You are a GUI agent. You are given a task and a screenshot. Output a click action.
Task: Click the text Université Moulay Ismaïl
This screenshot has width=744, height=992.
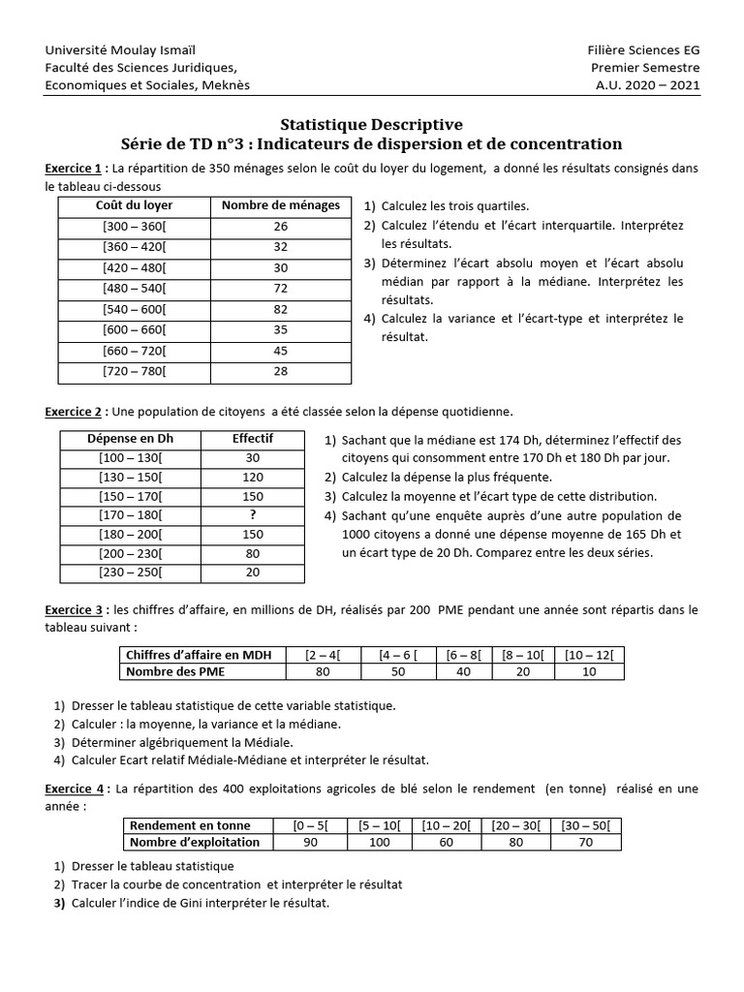tap(112, 50)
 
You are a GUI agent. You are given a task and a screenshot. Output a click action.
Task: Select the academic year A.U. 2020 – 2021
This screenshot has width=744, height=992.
tap(647, 84)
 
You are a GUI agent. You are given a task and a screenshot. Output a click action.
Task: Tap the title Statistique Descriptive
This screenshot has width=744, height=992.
tap(371, 124)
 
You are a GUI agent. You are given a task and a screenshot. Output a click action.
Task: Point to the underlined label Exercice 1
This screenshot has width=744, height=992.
tap(76, 168)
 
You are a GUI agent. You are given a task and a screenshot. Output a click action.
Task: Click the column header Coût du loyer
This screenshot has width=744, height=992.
tap(134, 205)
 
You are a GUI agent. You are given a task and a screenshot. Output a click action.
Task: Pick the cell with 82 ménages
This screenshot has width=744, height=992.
tap(281, 310)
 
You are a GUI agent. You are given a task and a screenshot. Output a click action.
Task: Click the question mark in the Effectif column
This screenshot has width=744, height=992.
tap(253, 515)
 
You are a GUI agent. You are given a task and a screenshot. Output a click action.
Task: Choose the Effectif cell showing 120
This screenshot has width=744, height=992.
tap(253, 477)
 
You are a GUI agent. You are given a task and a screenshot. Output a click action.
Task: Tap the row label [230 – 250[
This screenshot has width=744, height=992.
tap(131, 573)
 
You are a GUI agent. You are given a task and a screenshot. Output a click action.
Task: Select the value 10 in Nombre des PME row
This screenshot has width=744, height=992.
tap(589, 672)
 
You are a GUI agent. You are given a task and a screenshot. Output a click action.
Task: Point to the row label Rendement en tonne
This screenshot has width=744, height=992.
tap(190, 825)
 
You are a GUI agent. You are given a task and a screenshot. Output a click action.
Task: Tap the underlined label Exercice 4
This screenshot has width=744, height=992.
tap(76, 790)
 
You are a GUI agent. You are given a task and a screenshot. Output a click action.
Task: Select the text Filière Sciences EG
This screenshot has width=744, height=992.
tap(643, 50)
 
